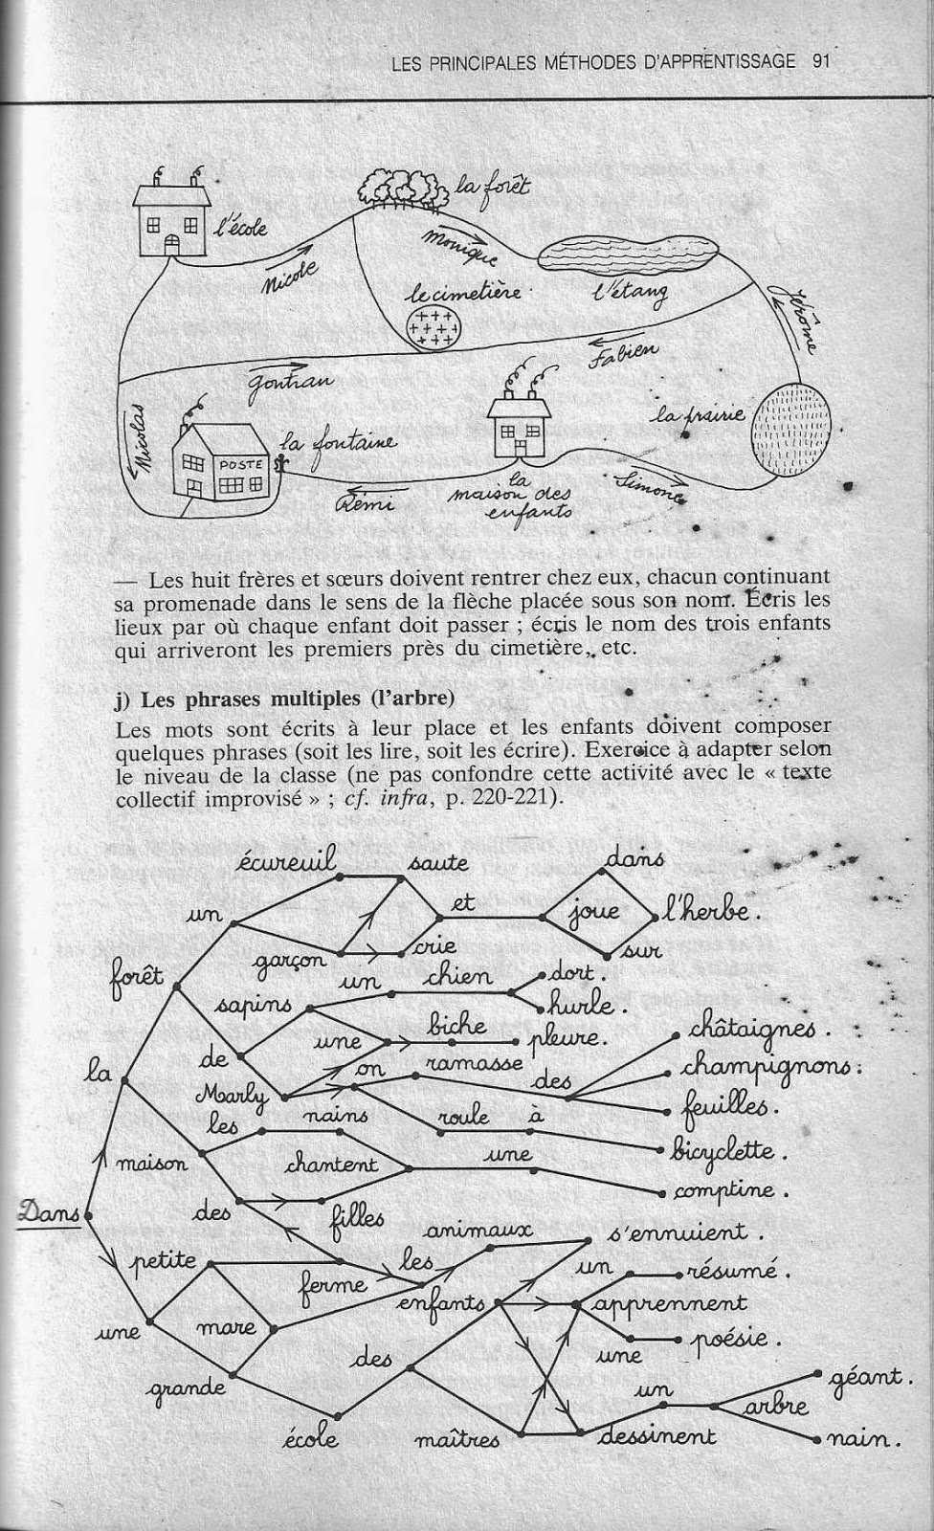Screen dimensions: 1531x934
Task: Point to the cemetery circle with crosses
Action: coord(434,326)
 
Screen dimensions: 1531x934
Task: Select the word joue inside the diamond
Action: coord(593,913)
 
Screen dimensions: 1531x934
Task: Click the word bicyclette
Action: coord(724,1149)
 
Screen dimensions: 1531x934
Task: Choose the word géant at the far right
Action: coord(867,1378)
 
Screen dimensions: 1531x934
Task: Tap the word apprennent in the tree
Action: coord(669,1304)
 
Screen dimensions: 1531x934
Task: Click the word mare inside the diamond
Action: coord(226,1326)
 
